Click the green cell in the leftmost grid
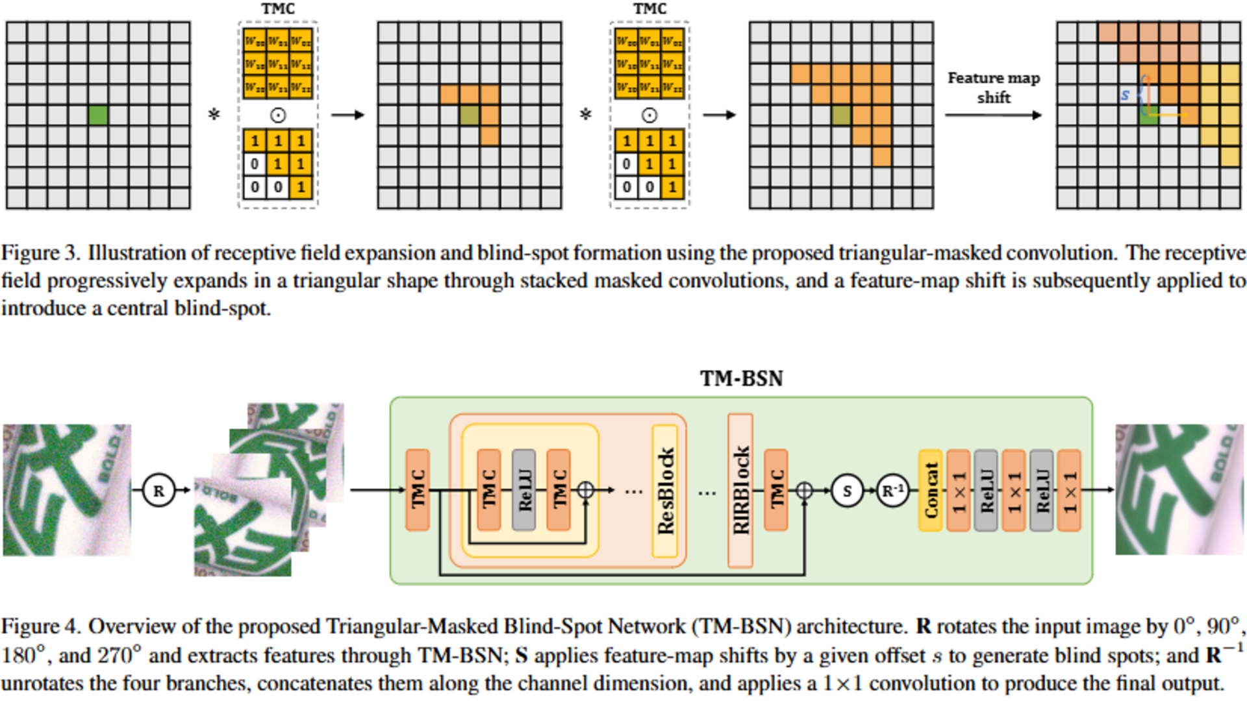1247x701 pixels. tap(98, 115)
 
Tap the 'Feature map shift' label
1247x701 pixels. tap(994, 88)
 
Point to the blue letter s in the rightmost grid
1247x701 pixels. tap(1125, 95)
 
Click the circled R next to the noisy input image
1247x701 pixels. tap(158, 491)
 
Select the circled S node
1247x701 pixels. tap(847, 491)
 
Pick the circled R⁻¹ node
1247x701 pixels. tap(893, 491)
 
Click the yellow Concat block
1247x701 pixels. tap(931, 491)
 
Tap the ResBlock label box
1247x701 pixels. tap(665, 491)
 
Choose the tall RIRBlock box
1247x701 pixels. tap(740, 491)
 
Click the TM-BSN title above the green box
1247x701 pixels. tap(741, 378)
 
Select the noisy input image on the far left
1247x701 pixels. tap(67, 490)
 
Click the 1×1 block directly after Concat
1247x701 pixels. tap(959, 491)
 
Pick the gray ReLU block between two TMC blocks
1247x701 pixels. tap(523, 491)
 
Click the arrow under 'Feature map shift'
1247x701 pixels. tap(993, 116)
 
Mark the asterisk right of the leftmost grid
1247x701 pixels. tap(214, 116)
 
